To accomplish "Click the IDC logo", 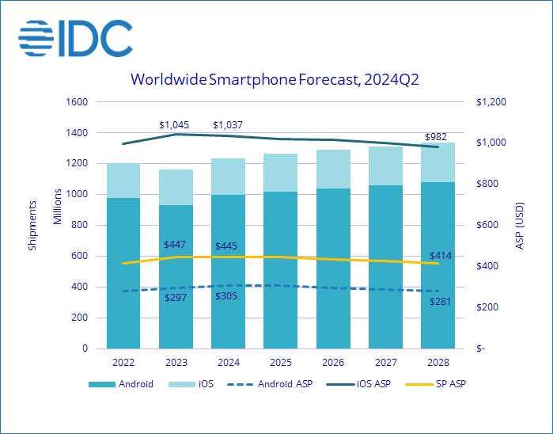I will coord(75,36).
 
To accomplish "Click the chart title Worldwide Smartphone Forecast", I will coord(276,79).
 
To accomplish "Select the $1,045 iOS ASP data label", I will coord(176,124).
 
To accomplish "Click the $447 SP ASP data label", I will coord(176,245).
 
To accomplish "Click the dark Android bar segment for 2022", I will coord(123,273).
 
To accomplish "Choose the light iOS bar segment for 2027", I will coord(384,166).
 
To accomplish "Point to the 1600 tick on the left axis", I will coord(78,102).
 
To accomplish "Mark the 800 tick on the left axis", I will coord(80,226).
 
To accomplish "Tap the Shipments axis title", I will coord(32,225).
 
